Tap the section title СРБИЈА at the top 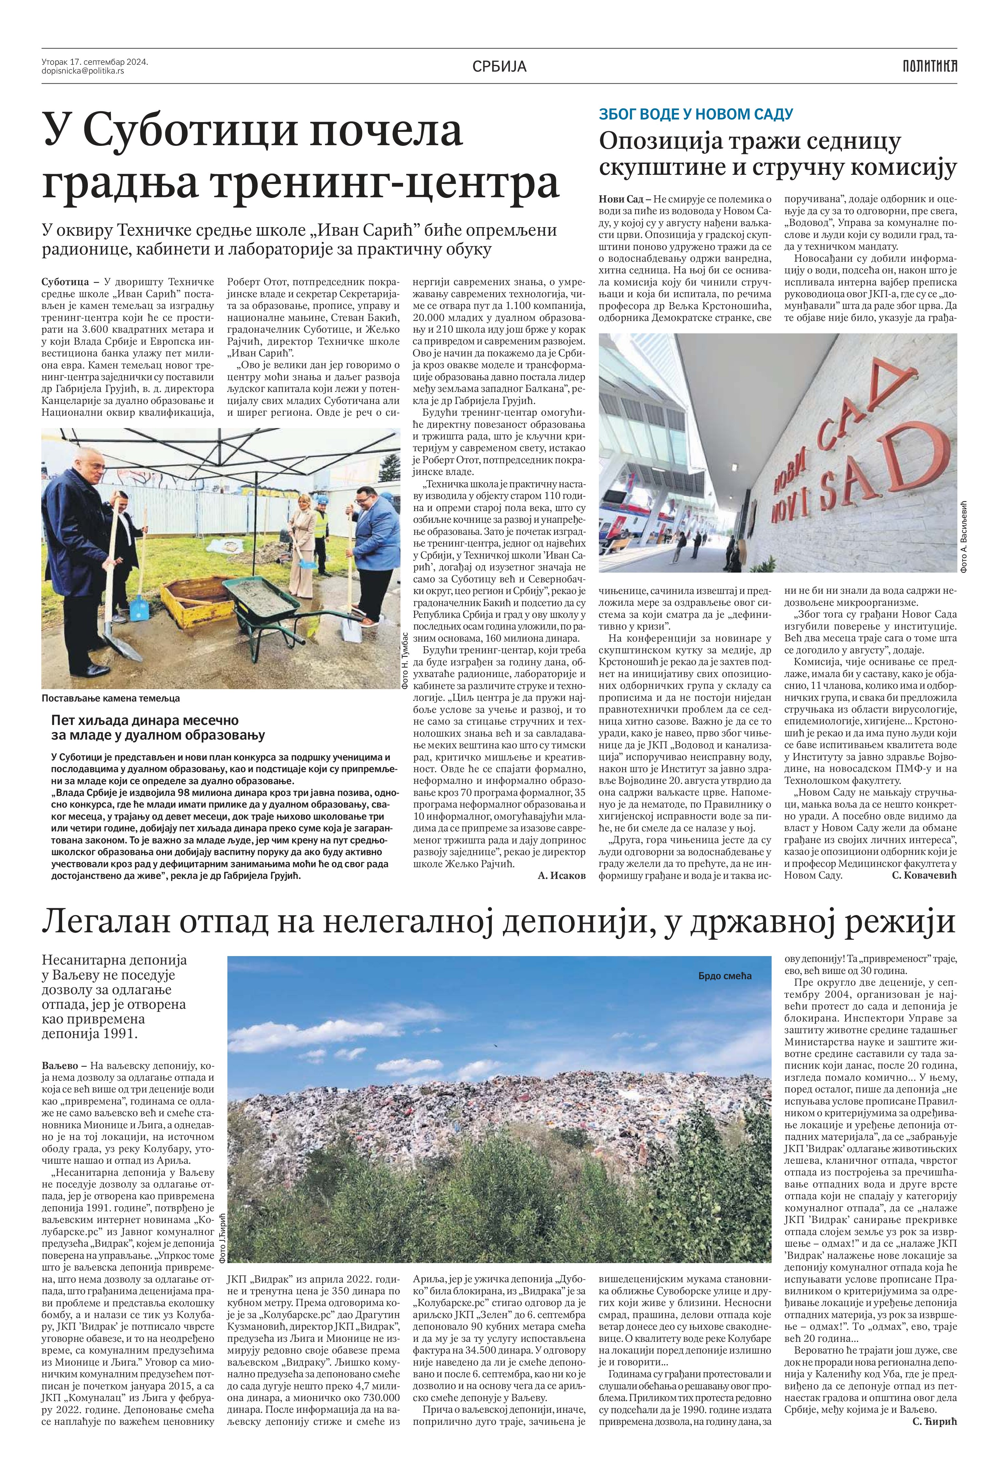click(499, 66)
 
